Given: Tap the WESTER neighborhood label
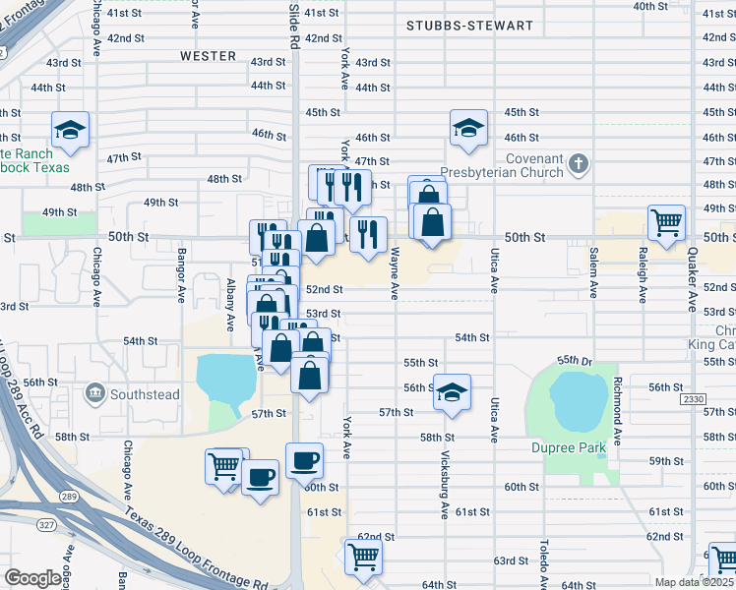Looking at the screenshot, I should tap(209, 56).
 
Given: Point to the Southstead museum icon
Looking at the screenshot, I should tap(95, 394).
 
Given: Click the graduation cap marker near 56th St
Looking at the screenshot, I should tap(452, 390).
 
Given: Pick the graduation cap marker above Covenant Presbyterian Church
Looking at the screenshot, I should tap(469, 126).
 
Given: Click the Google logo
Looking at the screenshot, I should tap(32, 578).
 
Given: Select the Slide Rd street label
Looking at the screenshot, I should tap(293, 27).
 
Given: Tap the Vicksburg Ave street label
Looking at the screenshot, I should tap(445, 488).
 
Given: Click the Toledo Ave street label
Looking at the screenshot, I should tap(542, 560).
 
